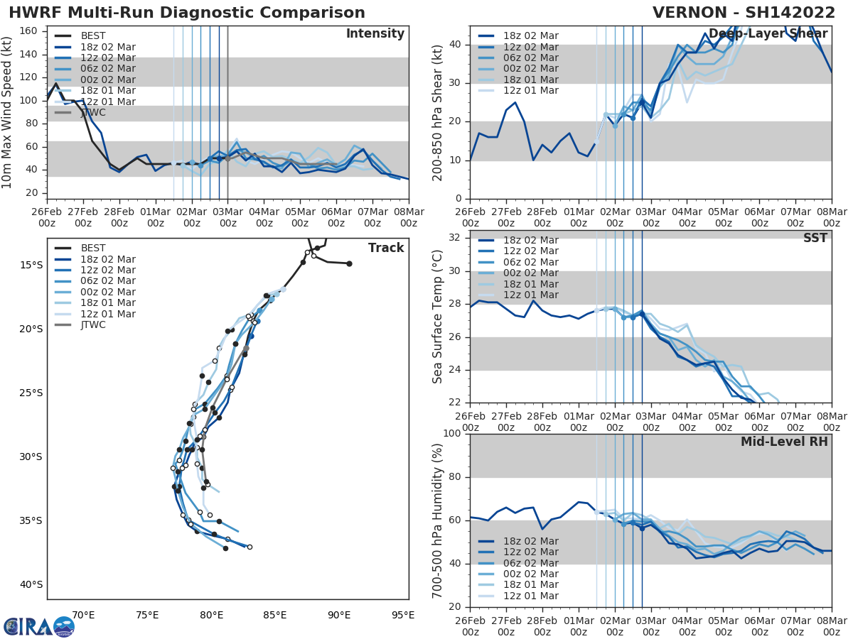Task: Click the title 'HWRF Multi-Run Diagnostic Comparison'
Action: coord(187,13)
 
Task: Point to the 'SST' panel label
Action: coord(815,239)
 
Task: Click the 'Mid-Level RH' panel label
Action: coord(784,442)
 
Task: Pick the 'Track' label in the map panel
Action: coord(386,248)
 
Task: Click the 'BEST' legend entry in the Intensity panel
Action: coord(93,35)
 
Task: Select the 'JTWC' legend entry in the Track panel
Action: coord(93,325)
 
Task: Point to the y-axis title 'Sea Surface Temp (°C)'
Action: coord(437,316)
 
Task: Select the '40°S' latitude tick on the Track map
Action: coord(30,584)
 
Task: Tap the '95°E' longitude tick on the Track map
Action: coord(403,615)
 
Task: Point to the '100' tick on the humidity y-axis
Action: coord(452,433)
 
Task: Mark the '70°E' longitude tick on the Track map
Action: coord(83,615)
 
